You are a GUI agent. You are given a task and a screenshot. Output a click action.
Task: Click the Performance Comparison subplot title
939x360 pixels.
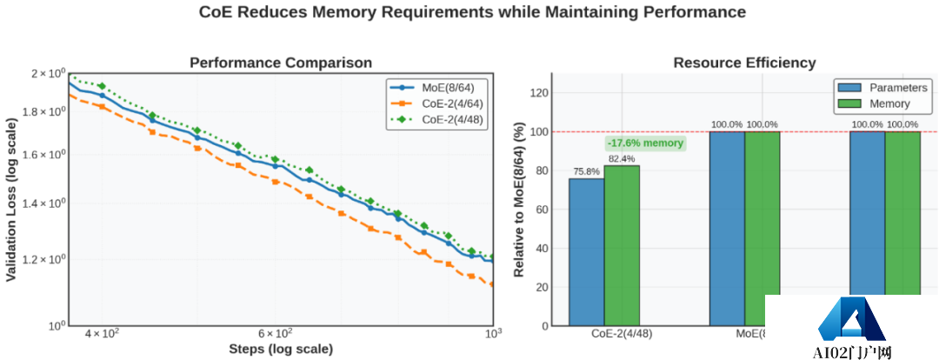point(281,63)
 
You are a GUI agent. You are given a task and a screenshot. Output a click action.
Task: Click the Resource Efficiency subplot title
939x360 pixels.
point(745,63)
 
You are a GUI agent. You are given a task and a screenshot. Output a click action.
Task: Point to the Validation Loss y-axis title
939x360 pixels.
point(11,199)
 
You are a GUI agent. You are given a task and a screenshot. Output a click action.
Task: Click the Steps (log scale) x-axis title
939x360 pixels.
point(281,350)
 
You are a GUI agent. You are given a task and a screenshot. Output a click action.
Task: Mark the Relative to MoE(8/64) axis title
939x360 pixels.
point(519,200)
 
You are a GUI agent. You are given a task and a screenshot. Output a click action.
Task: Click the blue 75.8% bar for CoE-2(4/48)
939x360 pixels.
point(587,252)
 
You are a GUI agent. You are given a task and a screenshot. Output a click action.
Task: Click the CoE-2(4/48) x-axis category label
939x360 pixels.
point(604,334)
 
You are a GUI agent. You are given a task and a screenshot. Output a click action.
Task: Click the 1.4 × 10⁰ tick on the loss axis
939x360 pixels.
point(49,203)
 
